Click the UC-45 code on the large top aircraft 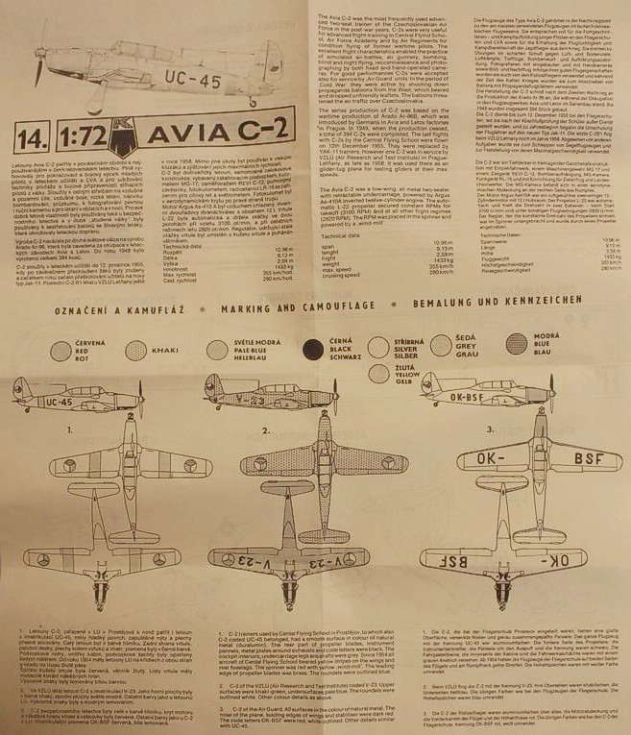(x=177, y=73)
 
